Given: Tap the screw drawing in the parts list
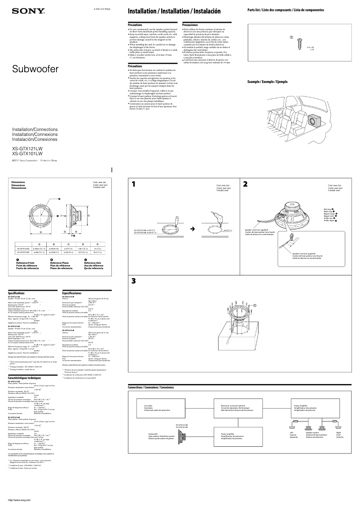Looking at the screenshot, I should click(298, 44).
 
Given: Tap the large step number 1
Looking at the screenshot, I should click(134, 184).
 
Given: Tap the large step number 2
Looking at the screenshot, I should click(246, 184).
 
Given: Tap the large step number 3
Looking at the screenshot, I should click(134, 281).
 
